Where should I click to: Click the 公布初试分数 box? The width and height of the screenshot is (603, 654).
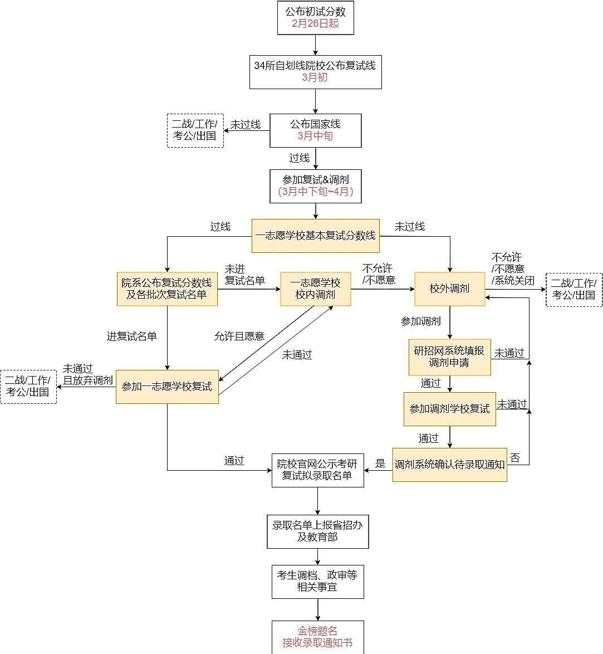pos(316,17)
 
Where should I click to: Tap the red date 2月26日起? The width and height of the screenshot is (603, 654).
pos(315,23)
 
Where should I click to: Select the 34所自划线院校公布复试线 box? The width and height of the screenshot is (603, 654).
pos(316,72)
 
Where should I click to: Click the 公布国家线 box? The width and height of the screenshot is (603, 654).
pos(316,130)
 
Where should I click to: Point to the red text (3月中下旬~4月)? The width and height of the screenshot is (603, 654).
pos(316,192)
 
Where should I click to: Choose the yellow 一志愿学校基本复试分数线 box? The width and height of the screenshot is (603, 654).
pos(316,236)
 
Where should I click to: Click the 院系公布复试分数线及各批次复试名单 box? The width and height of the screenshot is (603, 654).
pos(167,289)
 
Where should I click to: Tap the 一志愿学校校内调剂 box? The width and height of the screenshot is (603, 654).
pos(316,289)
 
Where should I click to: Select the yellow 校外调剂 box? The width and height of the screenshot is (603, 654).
pos(449,289)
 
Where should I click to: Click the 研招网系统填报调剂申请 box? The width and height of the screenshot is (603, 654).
pos(449,357)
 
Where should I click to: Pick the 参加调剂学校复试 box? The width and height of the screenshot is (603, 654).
pos(449,409)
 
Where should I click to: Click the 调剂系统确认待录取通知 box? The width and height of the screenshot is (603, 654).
pos(449,465)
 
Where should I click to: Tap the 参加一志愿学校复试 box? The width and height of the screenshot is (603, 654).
pos(167,387)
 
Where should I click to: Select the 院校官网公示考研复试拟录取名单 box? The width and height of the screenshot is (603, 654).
pos(318,470)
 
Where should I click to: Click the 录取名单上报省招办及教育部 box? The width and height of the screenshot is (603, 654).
pos(318,531)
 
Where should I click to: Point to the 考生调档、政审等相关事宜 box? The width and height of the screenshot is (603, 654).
pos(318,582)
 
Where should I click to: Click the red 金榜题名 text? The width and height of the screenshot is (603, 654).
pos(317,631)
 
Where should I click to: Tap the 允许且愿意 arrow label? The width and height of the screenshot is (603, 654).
pos(239,336)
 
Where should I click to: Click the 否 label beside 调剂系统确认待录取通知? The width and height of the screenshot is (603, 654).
pos(515,458)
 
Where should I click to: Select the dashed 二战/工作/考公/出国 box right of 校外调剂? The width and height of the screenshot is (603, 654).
pos(574,290)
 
